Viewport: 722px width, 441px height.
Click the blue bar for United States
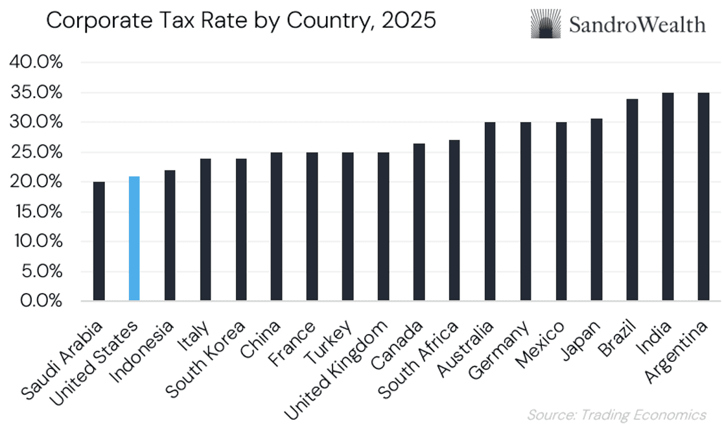[134, 239]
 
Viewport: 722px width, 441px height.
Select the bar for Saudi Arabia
[99, 241]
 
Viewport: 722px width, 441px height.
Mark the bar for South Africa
[454, 220]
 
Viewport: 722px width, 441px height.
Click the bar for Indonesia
[170, 235]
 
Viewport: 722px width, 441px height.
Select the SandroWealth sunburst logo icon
[546, 24]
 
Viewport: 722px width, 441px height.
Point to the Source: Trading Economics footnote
[616, 414]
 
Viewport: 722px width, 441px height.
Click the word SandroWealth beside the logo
[637, 25]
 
